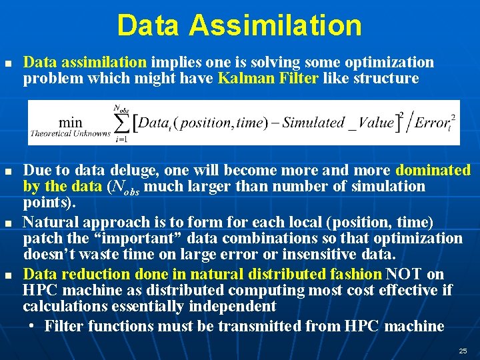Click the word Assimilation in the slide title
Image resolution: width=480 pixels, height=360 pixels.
[275, 25]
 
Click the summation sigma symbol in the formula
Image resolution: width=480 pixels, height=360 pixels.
[121, 122]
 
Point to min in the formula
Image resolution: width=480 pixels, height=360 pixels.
[71, 122]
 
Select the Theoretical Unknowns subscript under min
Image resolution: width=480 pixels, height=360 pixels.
[69, 133]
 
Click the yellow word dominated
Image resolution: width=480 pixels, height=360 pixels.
[433, 170]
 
